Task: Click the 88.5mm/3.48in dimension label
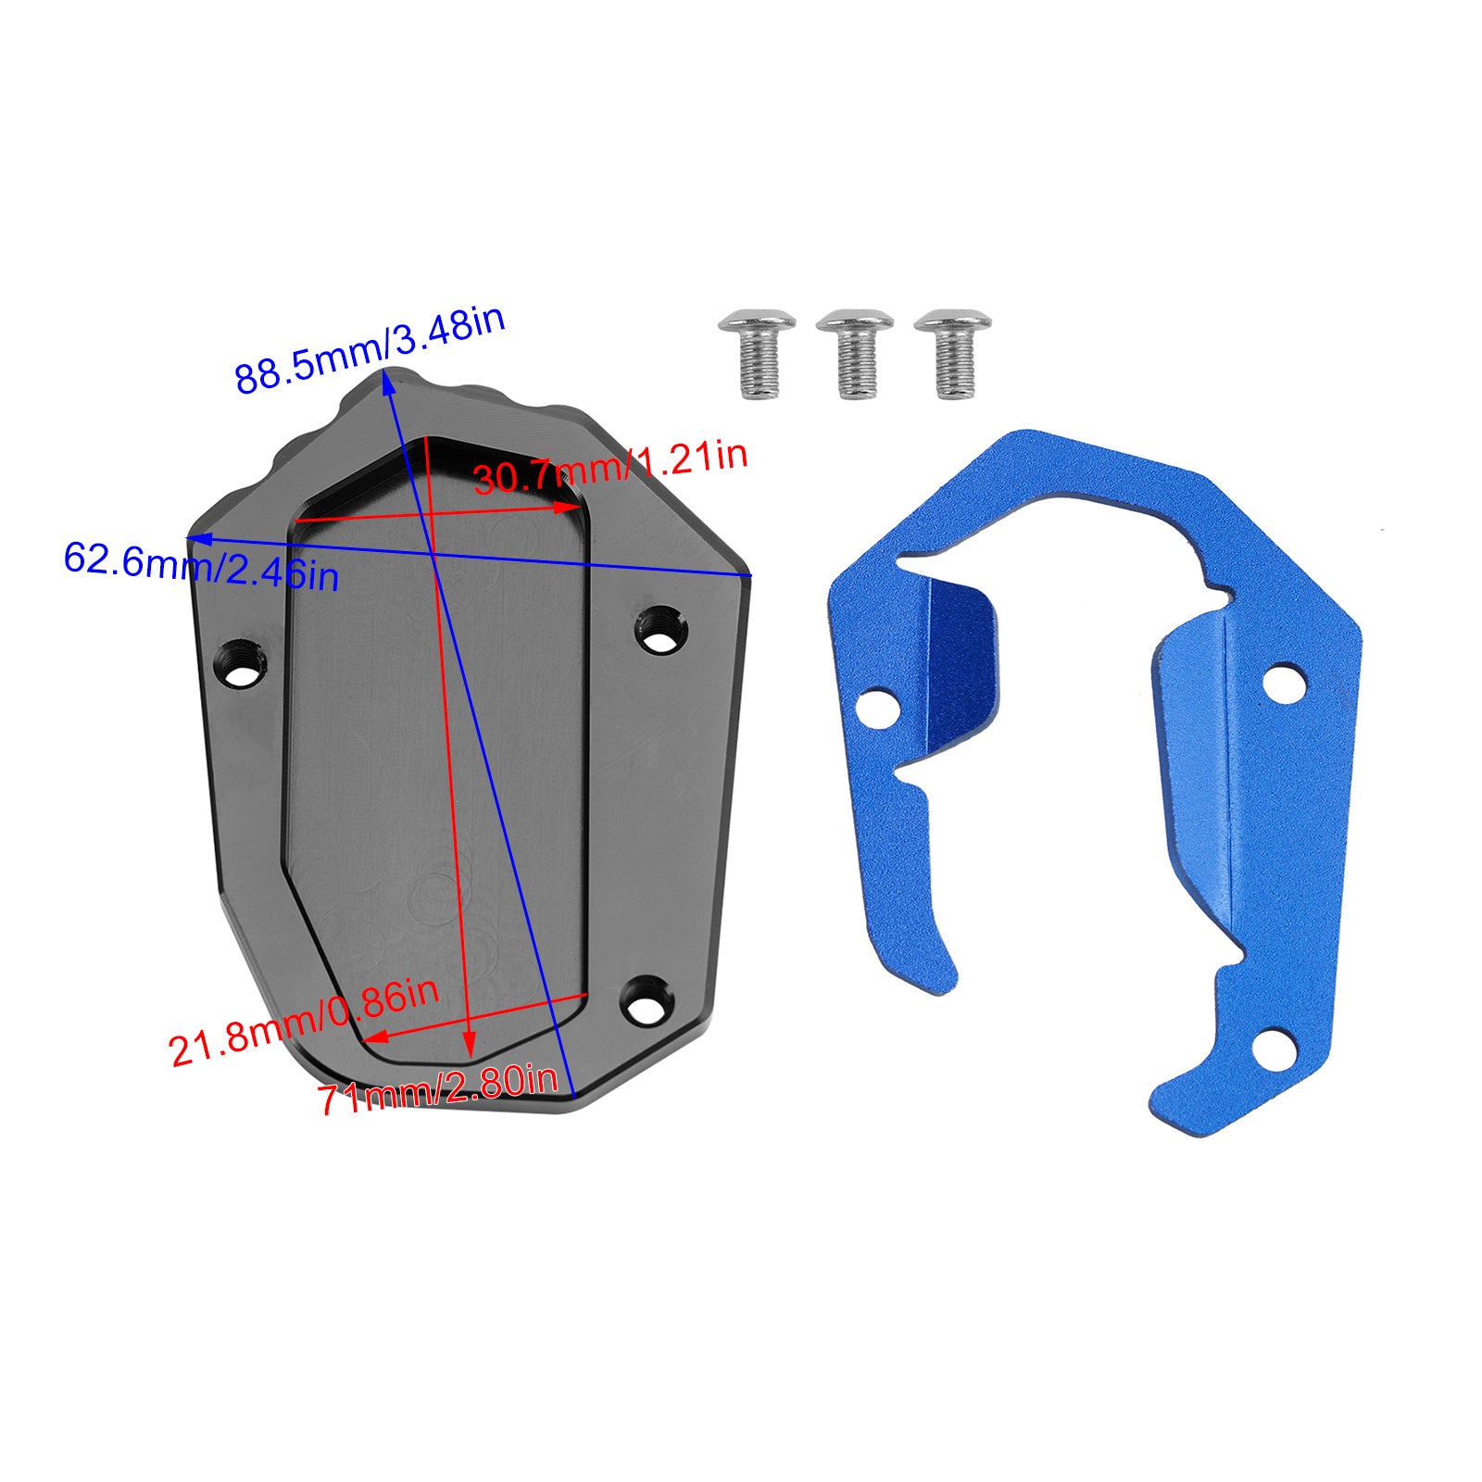click(369, 349)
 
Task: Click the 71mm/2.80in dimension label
click(438, 1092)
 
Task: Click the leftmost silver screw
click(757, 352)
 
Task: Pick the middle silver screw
click(855, 353)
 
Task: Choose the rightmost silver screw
click(952, 353)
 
